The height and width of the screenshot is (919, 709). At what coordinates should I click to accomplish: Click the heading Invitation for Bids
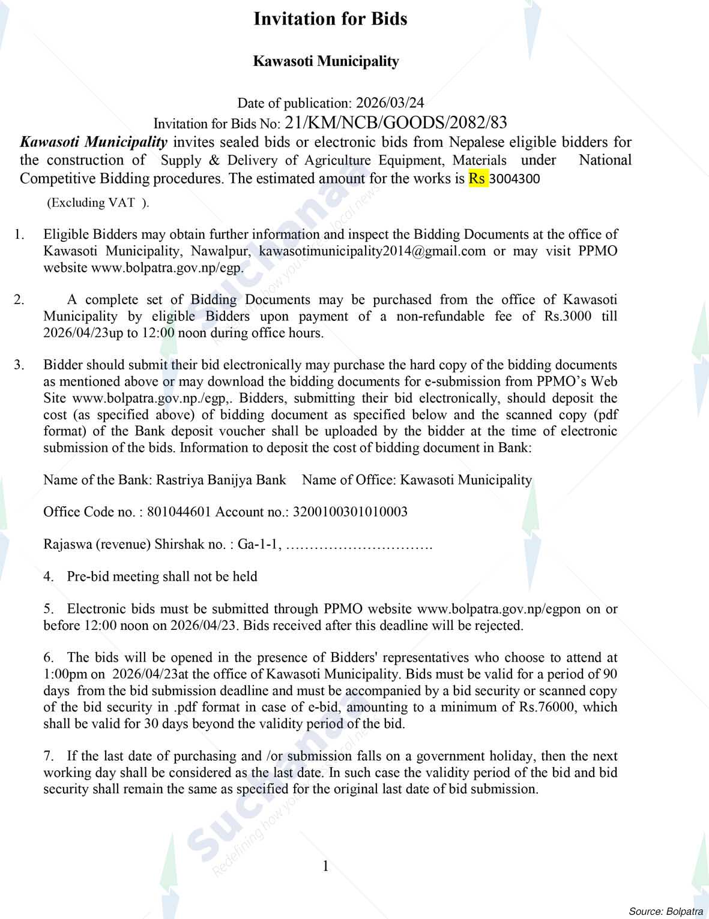click(x=330, y=19)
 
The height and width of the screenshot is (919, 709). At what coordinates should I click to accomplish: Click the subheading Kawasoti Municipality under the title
click(x=326, y=61)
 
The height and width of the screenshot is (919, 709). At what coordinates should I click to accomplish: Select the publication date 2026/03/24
click(x=390, y=103)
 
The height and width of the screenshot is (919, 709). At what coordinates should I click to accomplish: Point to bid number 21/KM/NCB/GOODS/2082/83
click(x=396, y=124)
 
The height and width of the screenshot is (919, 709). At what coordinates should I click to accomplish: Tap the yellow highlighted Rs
click(x=477, y=179)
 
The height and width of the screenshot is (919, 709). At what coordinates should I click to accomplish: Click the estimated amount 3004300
click(x=515, y=179)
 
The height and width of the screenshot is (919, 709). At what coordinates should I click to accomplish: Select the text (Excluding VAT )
click(x=98, y=203)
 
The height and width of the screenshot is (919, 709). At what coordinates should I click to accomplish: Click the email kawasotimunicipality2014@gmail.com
click(x=372, y=251)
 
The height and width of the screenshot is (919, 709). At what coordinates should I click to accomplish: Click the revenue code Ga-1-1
click(x=259, y=544)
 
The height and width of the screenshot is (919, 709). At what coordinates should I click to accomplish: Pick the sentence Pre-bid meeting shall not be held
click(x=162, y=576)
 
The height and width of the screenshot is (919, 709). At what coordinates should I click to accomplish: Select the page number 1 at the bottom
click(x=325, y=866)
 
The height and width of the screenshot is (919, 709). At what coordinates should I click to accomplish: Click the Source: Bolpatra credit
click(x=665, y=911)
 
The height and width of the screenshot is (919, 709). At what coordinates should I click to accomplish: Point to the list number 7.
click(x=49, y=756)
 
